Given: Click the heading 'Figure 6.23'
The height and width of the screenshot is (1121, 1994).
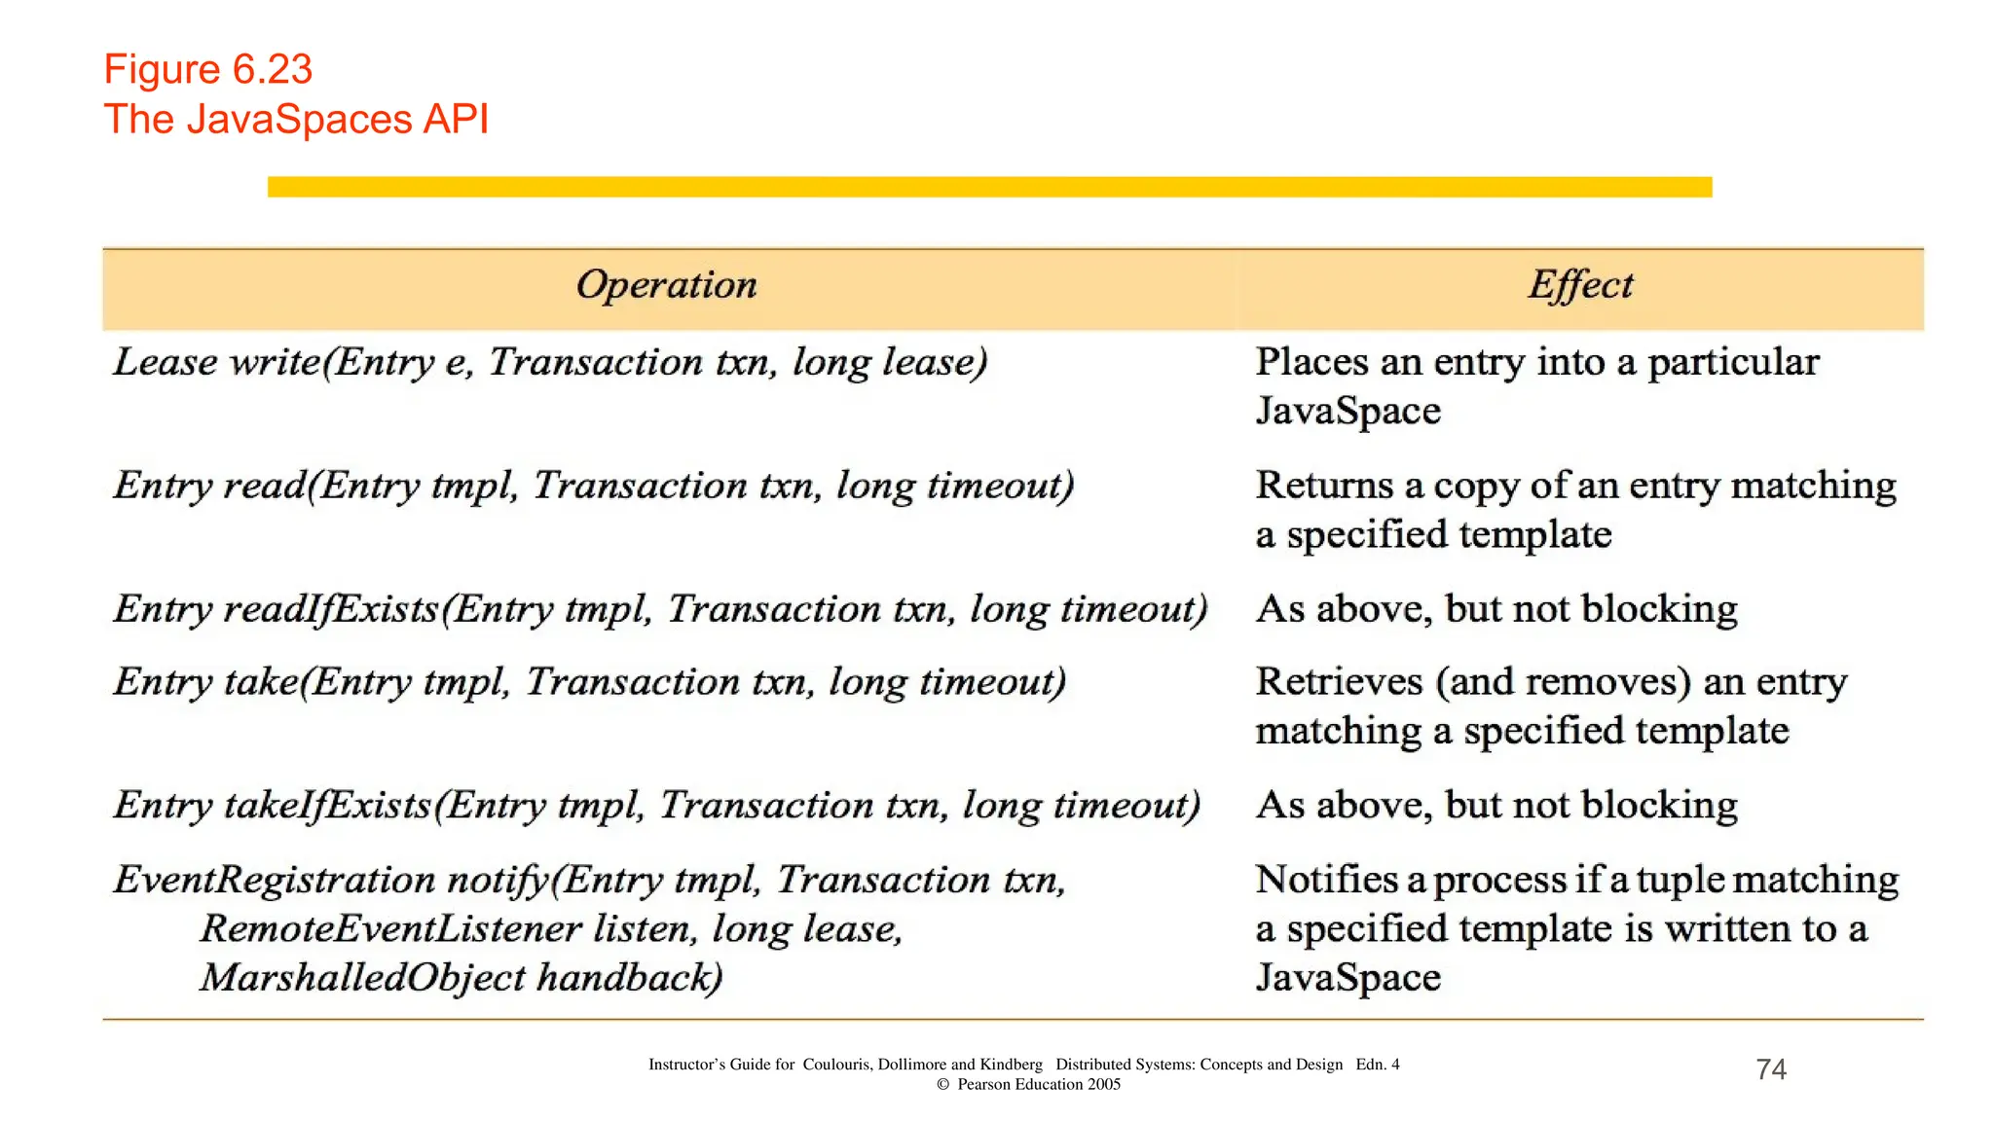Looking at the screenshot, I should point(207,69).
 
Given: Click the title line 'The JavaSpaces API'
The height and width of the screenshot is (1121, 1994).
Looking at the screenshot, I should point(296,120).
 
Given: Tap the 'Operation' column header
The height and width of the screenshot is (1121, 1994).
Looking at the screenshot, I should point(666,285).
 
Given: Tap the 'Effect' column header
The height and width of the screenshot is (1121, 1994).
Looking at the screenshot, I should point(1579,285).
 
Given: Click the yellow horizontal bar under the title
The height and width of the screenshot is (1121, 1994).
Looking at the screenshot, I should point(989,187).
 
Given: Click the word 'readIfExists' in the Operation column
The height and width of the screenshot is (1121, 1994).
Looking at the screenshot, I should point(331,610).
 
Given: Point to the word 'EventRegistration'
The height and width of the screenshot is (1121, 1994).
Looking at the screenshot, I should point(274,880).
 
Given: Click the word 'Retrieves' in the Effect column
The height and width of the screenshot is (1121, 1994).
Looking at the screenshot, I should point(1339,681).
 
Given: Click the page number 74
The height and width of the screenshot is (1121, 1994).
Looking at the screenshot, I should point(1771,1069).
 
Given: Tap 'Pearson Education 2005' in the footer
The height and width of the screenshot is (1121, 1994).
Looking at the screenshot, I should point(1038,1084).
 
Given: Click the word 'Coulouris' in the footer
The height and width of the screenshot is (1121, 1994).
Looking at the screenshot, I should point(836,1065).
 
